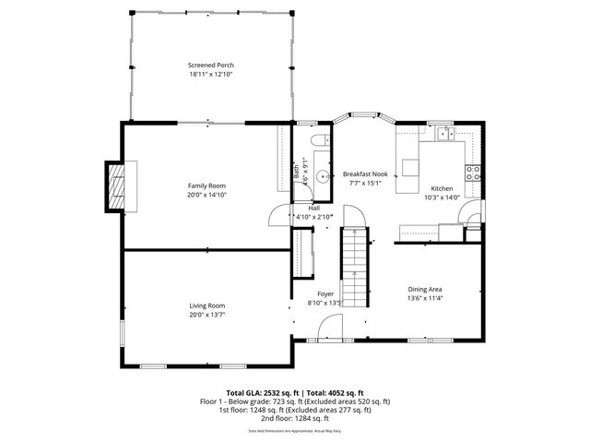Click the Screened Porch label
pos(210,66)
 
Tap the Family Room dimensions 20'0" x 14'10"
pos(206,195)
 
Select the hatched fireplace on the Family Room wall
pos(115,185)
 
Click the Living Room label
pos(206,305)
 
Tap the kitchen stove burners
pos(473,174)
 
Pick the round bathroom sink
pos(322,177)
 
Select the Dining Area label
pos(426,289)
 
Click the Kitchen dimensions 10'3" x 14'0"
pos(442,197)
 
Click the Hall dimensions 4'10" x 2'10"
pos(313,217)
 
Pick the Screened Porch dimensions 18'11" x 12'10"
pos(210,75)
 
